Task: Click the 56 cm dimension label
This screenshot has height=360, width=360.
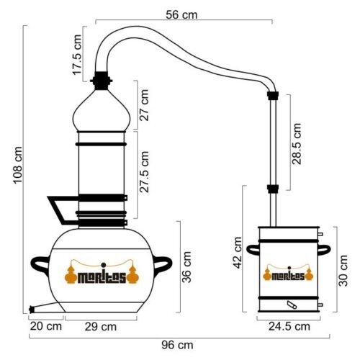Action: tap(181, 15)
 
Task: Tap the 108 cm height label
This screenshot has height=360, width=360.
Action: tap(18, 165)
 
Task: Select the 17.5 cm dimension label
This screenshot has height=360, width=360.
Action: tap(78, 55)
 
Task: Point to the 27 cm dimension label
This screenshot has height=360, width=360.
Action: tap(144, 105)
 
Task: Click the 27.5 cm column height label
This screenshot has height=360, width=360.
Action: tap(144, 172)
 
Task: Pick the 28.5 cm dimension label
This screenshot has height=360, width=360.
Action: tap(297, 144)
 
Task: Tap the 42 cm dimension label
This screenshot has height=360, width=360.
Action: tap(238, 253)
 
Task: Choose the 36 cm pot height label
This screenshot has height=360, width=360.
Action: tap(186, 267)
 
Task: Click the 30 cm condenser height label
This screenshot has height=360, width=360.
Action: tap(343, 271)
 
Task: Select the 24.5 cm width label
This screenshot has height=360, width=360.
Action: tap(289, 326)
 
